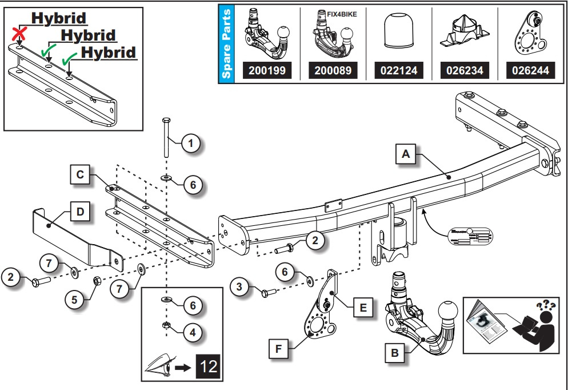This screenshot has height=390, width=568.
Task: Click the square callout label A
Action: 406,154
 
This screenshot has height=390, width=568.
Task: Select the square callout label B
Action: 395,353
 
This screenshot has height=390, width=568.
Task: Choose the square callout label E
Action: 362,307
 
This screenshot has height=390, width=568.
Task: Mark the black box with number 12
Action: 210,366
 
